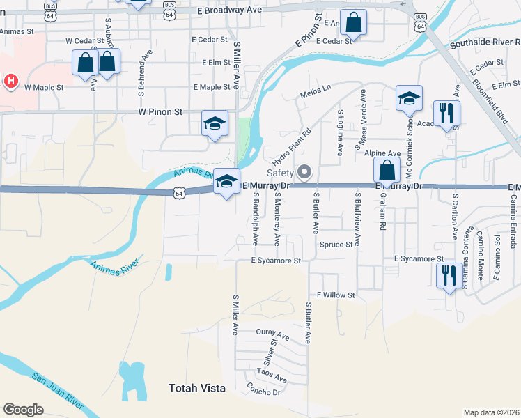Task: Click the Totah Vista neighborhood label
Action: (x=198, y=388)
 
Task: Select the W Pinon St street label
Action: (x=160, y=111)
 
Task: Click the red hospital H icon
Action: (x=10, y=82)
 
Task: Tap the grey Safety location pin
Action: (x=304, y=171)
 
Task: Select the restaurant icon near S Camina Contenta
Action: (x=446, y=276)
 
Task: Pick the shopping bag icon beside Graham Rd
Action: (x=386, y=169)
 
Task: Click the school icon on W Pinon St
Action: (x=215, y=124)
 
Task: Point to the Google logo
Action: (x=23, y=409)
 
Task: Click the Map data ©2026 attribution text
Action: (x=491, y=412)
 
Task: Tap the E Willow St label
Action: (x=336, y=295)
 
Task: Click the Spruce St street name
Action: (x=336, y=245)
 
